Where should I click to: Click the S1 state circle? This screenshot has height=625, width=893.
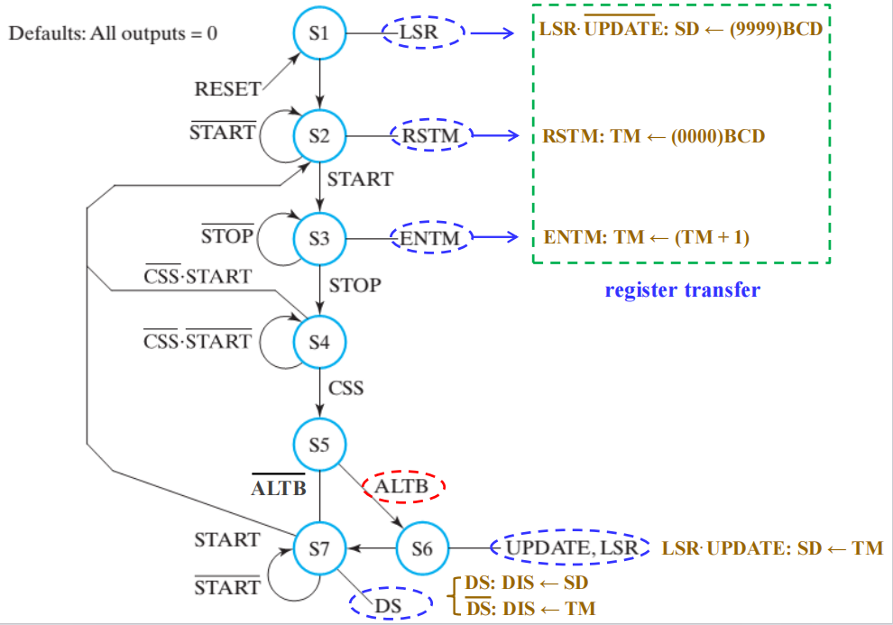click(x=320, y=34)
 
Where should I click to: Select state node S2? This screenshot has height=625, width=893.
click(x=320, y=137)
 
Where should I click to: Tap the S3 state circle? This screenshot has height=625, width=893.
click(x=320, y=239)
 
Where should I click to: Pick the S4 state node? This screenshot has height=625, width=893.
click(x=320, y=343)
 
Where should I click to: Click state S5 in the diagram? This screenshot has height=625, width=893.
click(x=320, y=445)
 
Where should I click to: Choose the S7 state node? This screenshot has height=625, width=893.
click(x=320, y=547)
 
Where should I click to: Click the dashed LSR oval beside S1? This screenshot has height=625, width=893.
click(x=421, y=34)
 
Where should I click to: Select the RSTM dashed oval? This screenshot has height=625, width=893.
click(x=431, y=137)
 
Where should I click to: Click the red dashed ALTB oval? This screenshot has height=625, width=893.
click(x=403, y=487)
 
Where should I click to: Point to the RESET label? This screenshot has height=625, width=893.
click(x=227, y=89)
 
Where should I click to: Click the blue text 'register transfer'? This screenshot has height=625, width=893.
click(x=682, y=290)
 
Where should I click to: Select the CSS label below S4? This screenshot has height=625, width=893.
click(x=345, y=388)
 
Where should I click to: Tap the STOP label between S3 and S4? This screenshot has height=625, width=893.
click(x=354, y=285)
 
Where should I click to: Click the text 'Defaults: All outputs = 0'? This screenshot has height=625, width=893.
click(x=113, y=35)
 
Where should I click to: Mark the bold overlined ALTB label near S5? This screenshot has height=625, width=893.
click(x=279, y=488)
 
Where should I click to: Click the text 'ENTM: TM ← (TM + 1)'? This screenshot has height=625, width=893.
click(x=647, y=238)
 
